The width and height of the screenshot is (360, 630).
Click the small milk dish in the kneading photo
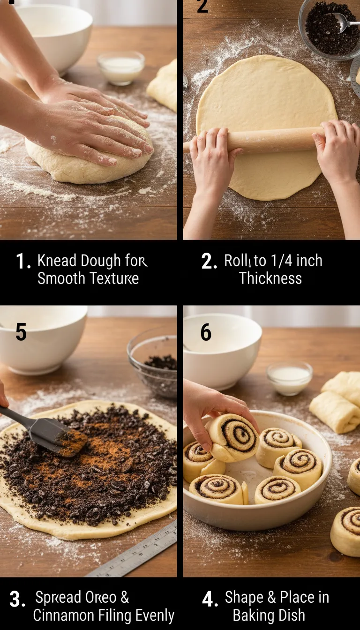121,67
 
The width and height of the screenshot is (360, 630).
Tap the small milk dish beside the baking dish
289,377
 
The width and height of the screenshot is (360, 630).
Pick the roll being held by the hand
233,437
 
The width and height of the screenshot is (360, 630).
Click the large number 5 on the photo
21,332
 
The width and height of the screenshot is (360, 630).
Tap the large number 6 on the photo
206,332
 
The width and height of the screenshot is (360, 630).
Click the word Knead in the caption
57,261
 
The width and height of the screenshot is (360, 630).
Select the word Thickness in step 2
270,278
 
